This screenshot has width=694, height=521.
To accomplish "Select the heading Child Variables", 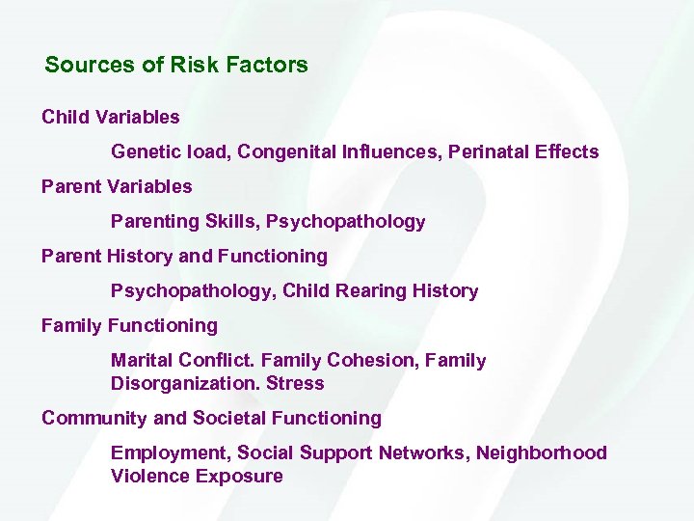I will (111, 117).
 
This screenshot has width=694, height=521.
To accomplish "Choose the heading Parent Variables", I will (117, 186).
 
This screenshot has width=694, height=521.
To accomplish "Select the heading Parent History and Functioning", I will (184, 256).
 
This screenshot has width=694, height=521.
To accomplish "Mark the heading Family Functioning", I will (129, 325).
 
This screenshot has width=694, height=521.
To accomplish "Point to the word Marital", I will (142, 360).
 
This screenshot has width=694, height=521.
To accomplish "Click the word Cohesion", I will (370, 360).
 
